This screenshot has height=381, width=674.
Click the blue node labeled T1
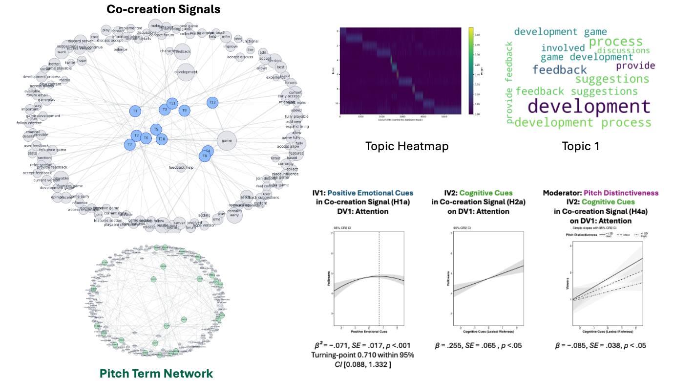(135, 111)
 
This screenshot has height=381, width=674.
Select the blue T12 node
(212, 102)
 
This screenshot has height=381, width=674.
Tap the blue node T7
(130, 145)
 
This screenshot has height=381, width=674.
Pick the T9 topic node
(184, 111)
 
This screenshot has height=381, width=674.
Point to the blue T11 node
(172, 103)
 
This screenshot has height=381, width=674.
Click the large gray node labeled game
(227, 140)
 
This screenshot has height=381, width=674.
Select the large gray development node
(186, 72)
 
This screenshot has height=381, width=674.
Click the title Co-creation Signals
(163, 9)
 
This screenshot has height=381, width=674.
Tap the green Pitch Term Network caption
(156, 374)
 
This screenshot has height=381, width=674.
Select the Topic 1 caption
(580, 146)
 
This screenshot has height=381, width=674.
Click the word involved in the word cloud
(563, 48)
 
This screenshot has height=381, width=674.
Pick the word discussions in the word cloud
(623, 50)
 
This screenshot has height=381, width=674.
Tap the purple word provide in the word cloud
(635, 66)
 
